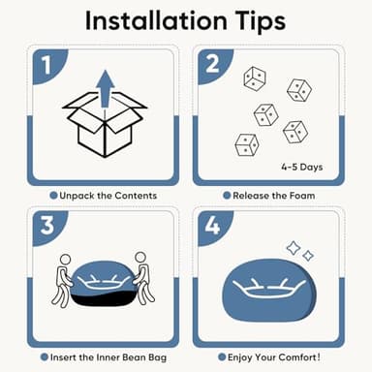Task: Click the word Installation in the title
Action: [x=156, y=20]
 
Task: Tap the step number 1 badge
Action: [x=46, y=65]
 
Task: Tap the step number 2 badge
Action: [x=212, y=64]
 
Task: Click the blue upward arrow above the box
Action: [x=106, y=88]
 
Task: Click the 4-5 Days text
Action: [x=301, y=167]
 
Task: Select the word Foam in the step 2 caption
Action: [x=302, y=196]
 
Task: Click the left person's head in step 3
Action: [x=66, y=259]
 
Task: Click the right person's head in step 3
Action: [x=140, y=257]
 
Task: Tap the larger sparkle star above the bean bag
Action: [x=294, y=248]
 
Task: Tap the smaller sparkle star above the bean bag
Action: [x=308, y=256]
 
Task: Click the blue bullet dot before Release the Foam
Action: [x=227, y=196]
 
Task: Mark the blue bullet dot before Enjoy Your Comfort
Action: [x=222, y=357]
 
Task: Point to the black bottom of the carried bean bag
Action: [x=104, y=299]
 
